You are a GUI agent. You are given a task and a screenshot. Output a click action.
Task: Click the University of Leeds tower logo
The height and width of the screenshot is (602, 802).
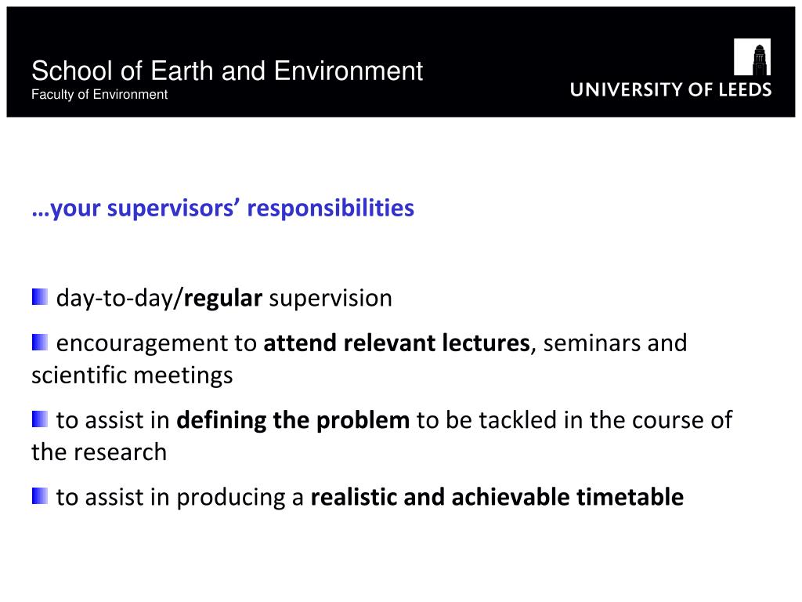coord(752,56)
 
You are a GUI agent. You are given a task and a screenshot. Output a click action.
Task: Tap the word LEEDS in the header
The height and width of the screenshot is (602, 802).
coord(745,89)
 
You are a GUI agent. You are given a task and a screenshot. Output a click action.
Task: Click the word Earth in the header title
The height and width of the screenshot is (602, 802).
coord(182,71)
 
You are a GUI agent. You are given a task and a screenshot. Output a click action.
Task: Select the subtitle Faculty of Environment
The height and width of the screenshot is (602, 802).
coord(99,95)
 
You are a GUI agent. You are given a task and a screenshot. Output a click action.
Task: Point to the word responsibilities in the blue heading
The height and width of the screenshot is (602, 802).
coord(331,208)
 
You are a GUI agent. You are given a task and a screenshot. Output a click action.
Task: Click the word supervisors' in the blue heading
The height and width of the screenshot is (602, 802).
coord(173,208)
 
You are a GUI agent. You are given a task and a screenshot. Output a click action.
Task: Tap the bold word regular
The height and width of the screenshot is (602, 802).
coord(223,299)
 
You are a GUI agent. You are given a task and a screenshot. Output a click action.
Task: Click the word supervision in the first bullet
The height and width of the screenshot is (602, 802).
coord(331,298)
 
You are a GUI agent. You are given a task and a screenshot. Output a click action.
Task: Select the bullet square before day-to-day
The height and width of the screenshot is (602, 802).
coord(40,297)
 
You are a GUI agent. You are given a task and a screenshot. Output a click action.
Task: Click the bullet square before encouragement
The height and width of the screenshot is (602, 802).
coord(40,342)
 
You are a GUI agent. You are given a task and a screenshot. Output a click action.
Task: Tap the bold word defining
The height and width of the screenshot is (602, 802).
coord(221,420)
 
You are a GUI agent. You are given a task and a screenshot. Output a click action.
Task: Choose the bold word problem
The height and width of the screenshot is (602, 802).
coord(363,421)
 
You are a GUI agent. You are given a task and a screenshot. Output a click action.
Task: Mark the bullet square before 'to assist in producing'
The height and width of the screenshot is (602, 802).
coord(40,496)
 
